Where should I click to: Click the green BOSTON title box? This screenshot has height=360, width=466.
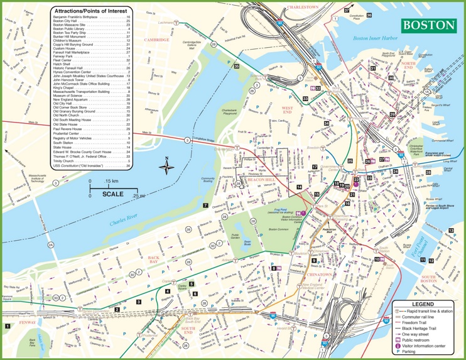[428, 25]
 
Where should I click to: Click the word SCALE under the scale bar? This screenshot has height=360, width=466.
[114, 194]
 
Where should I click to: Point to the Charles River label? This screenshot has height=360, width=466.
[124, 222]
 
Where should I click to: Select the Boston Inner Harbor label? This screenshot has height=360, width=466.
[376, 38]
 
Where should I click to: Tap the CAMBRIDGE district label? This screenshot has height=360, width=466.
[157, 40]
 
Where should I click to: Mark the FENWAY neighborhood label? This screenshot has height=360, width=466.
[28, 322]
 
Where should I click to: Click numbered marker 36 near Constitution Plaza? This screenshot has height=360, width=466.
[369, 15]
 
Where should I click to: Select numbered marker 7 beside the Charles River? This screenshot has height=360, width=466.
[205, 205]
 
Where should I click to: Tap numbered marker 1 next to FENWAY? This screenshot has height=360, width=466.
[8, 326]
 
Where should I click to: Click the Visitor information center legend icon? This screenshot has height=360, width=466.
[398, 345]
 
